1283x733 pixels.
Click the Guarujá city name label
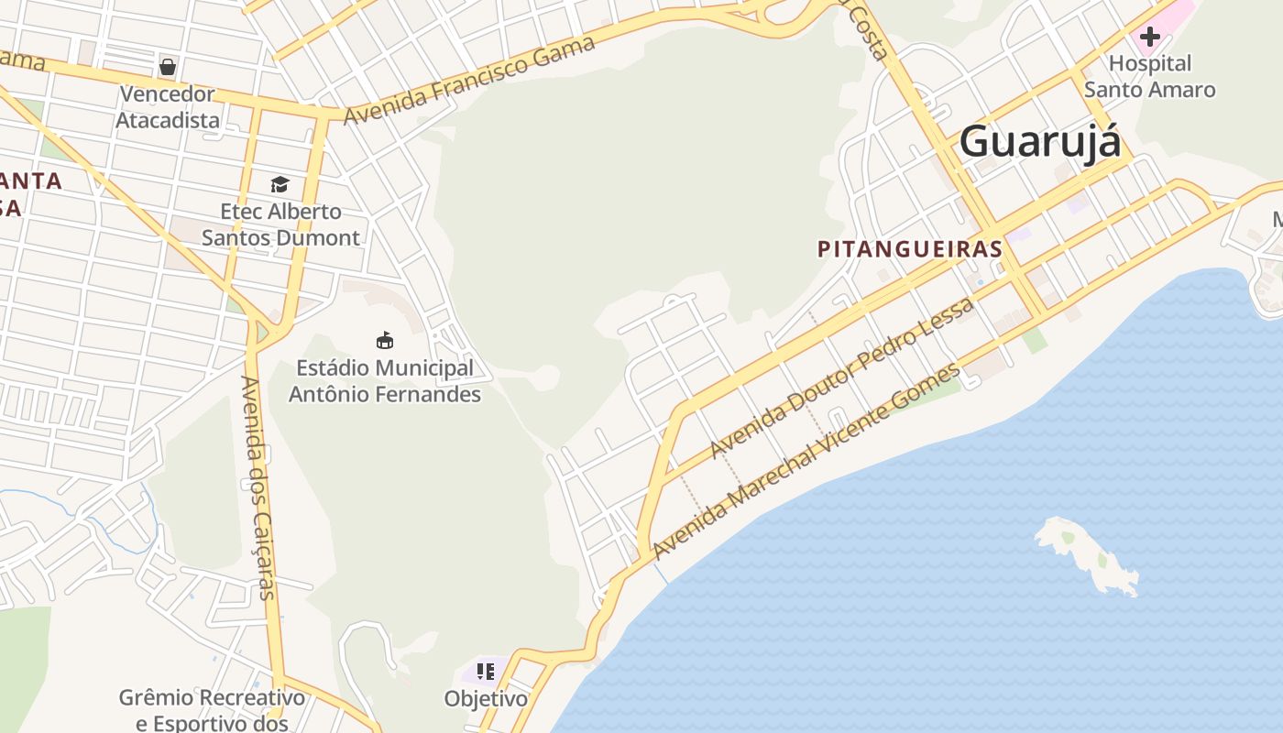click(x=1039, y=142)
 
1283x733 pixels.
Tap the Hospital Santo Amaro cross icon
click(x=1149, y=38)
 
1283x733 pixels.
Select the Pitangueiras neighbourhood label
click(x=909, y=249)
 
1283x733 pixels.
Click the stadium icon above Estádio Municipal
click(x=385, y=341)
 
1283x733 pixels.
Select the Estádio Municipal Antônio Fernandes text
click(x=385, y=381)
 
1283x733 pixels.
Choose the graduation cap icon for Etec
click(x=280, y=185)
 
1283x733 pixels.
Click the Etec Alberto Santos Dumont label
click(x=280, y=224)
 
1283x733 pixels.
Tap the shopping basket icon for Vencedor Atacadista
click(x=168, y=66)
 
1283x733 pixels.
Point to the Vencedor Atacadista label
click(x=168, y=107)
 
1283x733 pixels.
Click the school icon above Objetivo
click(x=486, y=672)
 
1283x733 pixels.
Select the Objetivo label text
click(x=486, y=699)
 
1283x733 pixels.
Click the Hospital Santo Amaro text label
click(x=1149, y=77)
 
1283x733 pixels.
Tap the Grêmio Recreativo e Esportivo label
click(x=212, y=710)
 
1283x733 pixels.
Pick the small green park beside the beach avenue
click(x=1035, y=341)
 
